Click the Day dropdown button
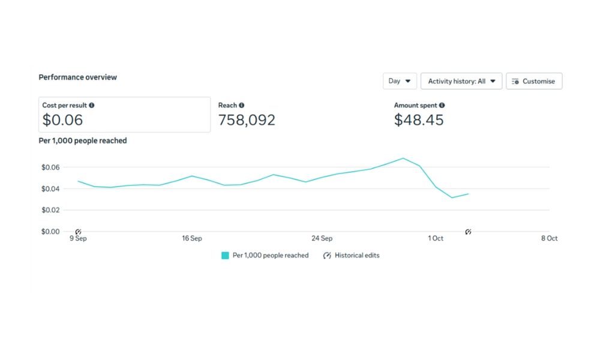pos(400,81)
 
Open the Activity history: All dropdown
pos(461,81)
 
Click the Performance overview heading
pos(78,77)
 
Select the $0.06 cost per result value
pos(62,120)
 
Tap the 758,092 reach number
pos(247,120)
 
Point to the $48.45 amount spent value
pos(419,120)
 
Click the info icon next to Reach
pos(242,106)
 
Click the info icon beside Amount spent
pos(442,106)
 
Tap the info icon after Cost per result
pos(91,106)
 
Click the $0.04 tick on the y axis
pos(51,189)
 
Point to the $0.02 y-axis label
pos(51,210)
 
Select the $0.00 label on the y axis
pos(51,232)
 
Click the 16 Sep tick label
pos(192,239)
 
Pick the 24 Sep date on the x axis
pos(322,239)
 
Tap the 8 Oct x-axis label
pos(549,239)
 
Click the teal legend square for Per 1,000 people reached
pos(225,256)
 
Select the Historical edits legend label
pos(357,256)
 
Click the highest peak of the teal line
pos(403,158)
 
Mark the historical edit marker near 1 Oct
pos(469,232)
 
